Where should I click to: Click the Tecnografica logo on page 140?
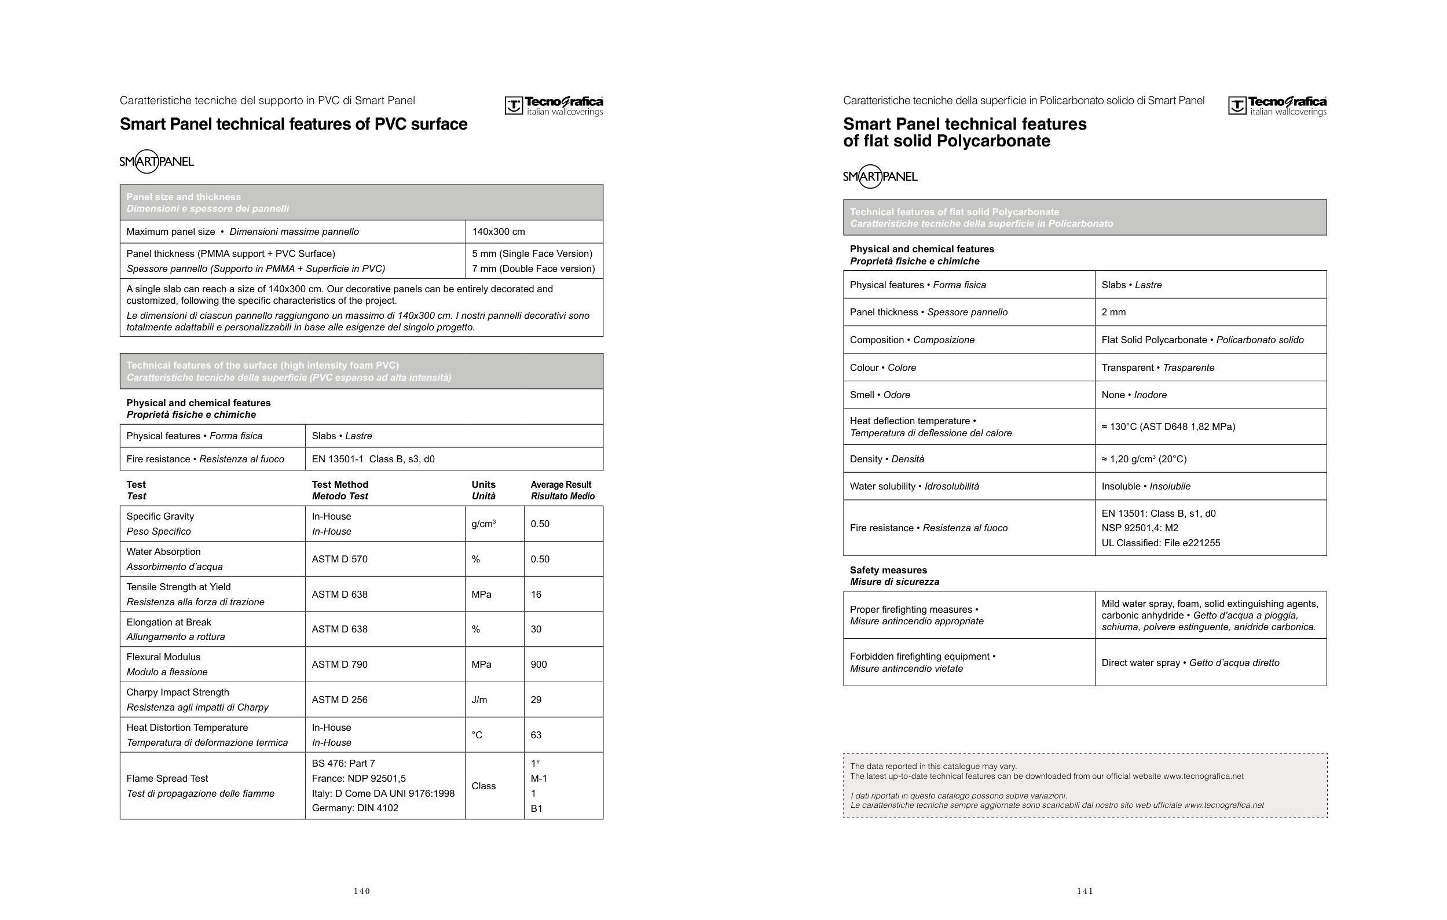pyautogui.click(x=554, y=106)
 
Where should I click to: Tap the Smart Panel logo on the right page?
pyautogui.click(x=880, y=176)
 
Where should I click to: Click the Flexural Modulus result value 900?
pyautogui.click(x=538, y=664)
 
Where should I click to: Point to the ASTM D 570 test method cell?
pyautogui.click(x=339, y=559)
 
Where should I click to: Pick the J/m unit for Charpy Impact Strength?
pyautogui.click(x=479, y=700)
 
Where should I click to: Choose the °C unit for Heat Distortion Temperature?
pyautogui.click(x=477, y=735)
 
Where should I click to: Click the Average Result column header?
pyautogui.click(x=562, y=490)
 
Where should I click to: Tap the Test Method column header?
pyautogui.click(x=339, y=490)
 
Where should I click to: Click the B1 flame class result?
pyautogui.click(x=537, y=808)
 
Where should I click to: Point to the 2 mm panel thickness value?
pyautogui.click(x=1113, y=312)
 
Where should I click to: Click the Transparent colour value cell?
pyautogui.click(x=1157, y=367)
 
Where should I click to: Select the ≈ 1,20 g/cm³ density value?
pyautogui.click(x=1144, y=459)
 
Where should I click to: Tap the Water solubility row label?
pyautogui.click(x=914, y=487)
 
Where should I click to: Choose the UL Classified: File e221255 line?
pyautogui.click(x=1160, y=543)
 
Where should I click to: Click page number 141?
pyautogui.click(x=1085, y=891)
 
